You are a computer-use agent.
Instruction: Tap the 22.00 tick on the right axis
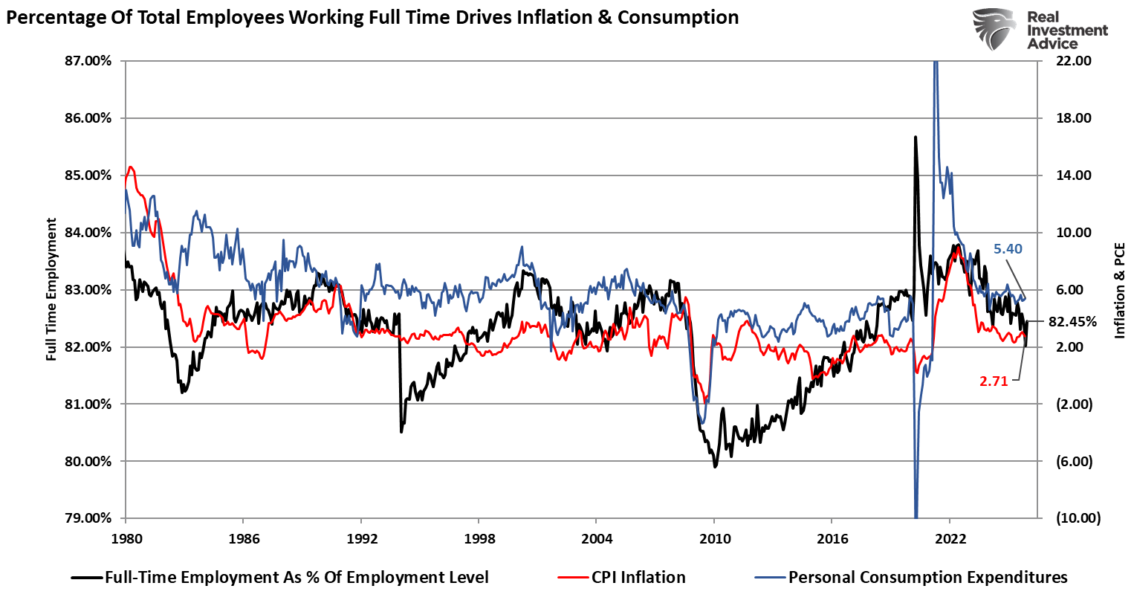tap(1073, 61)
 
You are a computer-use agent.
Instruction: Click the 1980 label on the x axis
tap(126, 539)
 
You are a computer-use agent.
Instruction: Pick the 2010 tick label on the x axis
tap(714, 539)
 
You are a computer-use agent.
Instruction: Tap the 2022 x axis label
tap(950, 539)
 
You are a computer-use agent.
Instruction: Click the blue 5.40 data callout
tap(1008, 249)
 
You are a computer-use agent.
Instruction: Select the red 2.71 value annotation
tap(994, 381)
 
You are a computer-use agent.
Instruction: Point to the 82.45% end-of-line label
tap(1072, 322)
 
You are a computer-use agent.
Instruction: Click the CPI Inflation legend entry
tap(638, 578)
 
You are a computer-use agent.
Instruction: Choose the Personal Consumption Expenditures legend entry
tap(927, 578)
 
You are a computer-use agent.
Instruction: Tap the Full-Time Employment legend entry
tap(297, 578)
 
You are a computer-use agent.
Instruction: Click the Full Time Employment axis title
tap(51, 289)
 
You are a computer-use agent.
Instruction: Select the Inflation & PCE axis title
tap(1119, 290)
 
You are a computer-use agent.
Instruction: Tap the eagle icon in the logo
tap(994, 30)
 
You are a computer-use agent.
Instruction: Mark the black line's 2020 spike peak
tap(915, 137)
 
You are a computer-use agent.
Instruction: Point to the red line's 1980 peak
tap(131, 167)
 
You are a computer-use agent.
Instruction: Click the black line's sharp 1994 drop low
tap(401, 431)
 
